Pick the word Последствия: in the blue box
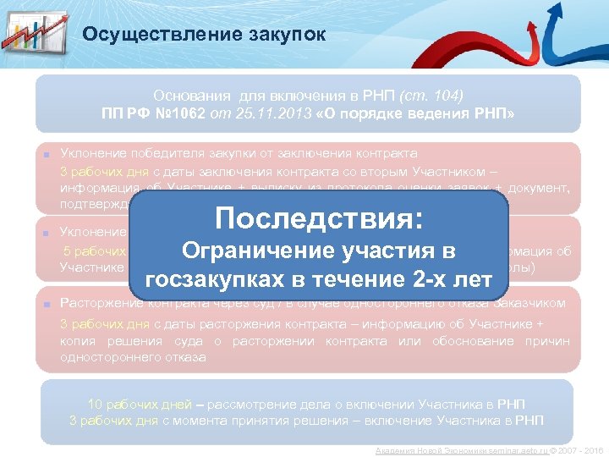pos(319,219)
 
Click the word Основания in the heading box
pos(191,95)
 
